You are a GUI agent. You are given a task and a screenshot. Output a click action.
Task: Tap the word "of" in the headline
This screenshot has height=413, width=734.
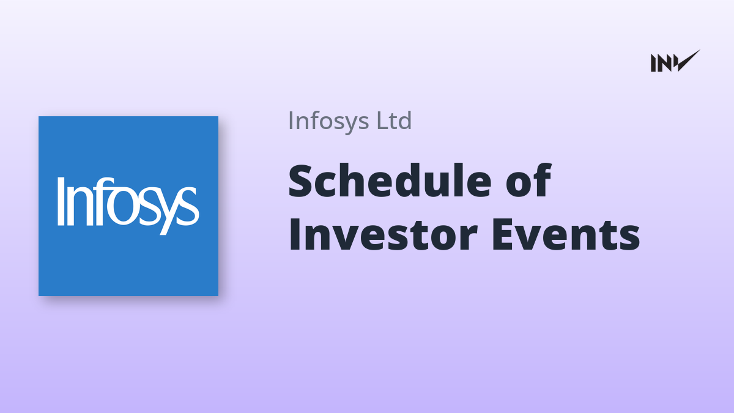[x=528, y=180]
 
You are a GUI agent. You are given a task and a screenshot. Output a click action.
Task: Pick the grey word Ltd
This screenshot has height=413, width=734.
[x=394, y=121]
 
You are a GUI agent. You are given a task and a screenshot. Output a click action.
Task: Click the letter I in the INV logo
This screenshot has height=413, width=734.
[x=654, y=63]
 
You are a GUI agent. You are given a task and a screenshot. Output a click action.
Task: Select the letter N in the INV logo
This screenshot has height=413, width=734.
[x=664, y=63]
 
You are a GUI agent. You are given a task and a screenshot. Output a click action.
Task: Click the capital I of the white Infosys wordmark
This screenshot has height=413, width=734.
[x=61, y=201]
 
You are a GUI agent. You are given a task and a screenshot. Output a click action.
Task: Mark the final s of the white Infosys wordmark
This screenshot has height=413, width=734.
[x=189, y=207]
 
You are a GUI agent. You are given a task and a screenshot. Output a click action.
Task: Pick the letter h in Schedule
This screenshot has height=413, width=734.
[x=359, y=180]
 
